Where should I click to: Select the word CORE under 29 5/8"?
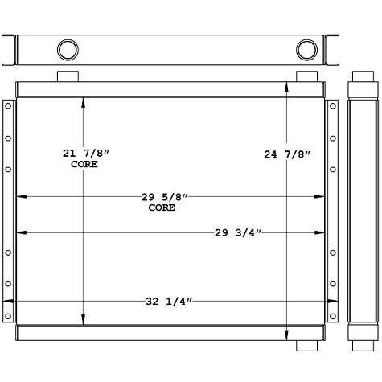click(162, 207)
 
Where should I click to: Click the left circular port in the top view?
click(68, 50)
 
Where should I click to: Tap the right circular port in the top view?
click(306, 50)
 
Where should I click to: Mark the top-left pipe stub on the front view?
click(67, 76)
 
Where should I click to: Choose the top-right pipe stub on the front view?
click(306, 76)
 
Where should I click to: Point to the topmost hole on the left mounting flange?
click(8, 105)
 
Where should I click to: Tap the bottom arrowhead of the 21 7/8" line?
click(83, 322)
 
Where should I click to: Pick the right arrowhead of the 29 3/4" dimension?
click(322, 233)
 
